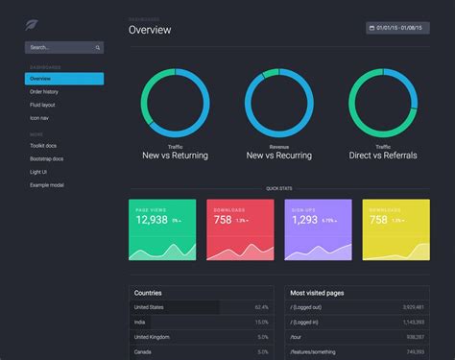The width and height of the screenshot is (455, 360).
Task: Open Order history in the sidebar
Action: (44, 91)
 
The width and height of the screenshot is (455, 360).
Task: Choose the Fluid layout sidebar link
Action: (43, 105)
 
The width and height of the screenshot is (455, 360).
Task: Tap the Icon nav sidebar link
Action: (39, 117)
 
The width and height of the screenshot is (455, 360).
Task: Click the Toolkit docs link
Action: (44, 145)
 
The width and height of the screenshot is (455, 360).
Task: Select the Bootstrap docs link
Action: (47, 157)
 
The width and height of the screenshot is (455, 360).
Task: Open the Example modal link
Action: (46, 183)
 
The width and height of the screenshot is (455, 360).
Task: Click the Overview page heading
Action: (150, 30)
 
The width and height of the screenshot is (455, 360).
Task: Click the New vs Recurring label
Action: (279, 155)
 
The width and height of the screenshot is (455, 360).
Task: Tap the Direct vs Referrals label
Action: (383, 155)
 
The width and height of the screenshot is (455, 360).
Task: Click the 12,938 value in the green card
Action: (152, 220)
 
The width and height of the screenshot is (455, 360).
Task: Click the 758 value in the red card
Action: (223, 220)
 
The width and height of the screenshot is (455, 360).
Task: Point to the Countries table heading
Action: (149, 293)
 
